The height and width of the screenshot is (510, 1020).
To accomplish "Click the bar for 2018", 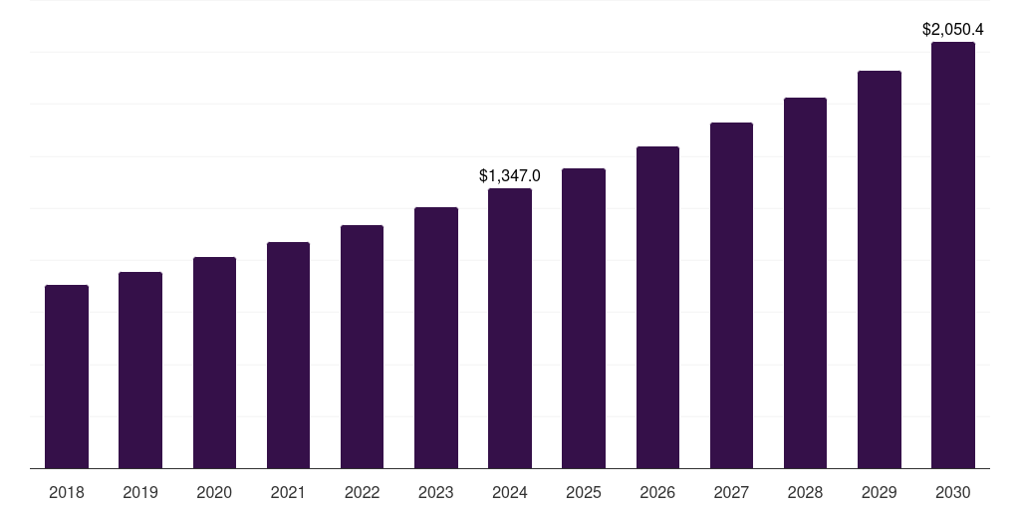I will click(67, 377).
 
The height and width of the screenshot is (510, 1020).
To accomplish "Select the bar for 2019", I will click(140, 370).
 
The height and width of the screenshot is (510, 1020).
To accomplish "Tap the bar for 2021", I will click(288, 355).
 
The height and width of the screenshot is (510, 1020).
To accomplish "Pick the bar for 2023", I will click(436, 338).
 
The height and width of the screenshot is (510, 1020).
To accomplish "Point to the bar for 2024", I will click(510, 328).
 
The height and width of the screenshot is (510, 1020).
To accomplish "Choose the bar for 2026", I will click(657, 307).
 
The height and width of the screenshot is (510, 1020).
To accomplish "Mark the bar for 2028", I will click(805, 283).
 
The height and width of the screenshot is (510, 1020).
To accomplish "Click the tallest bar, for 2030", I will click(953, 255).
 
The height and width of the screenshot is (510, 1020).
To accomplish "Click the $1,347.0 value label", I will click(510, 176).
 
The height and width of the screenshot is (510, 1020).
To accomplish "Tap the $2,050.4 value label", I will click(953, 30).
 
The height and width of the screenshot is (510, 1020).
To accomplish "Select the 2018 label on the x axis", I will click(67, 492).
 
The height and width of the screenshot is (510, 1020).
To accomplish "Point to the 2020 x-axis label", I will click(214, 492).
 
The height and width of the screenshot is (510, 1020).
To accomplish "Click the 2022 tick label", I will click(362, 492).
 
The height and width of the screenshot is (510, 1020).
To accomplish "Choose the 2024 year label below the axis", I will click(510, 492).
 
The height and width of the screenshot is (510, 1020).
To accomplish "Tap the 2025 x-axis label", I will click(584, 492).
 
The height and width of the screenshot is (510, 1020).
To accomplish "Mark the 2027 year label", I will click(731, 492).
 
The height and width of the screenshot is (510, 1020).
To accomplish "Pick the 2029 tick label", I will click(879, 492).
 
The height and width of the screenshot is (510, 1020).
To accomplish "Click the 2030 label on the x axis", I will click(953, 492).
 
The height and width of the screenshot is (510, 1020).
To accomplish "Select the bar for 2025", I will click(584, 318).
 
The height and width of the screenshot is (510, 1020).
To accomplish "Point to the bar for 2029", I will click(879, 269).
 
